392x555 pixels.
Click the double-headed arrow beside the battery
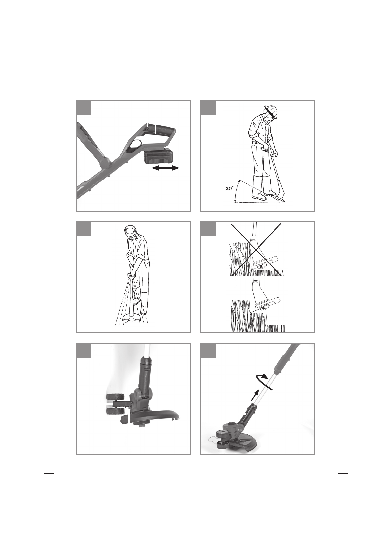point(165,168)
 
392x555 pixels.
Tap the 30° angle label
point(229,188)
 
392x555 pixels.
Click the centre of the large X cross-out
point(256,249)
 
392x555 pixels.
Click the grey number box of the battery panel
point(84,107)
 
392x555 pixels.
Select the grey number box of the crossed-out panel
point(208,229)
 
